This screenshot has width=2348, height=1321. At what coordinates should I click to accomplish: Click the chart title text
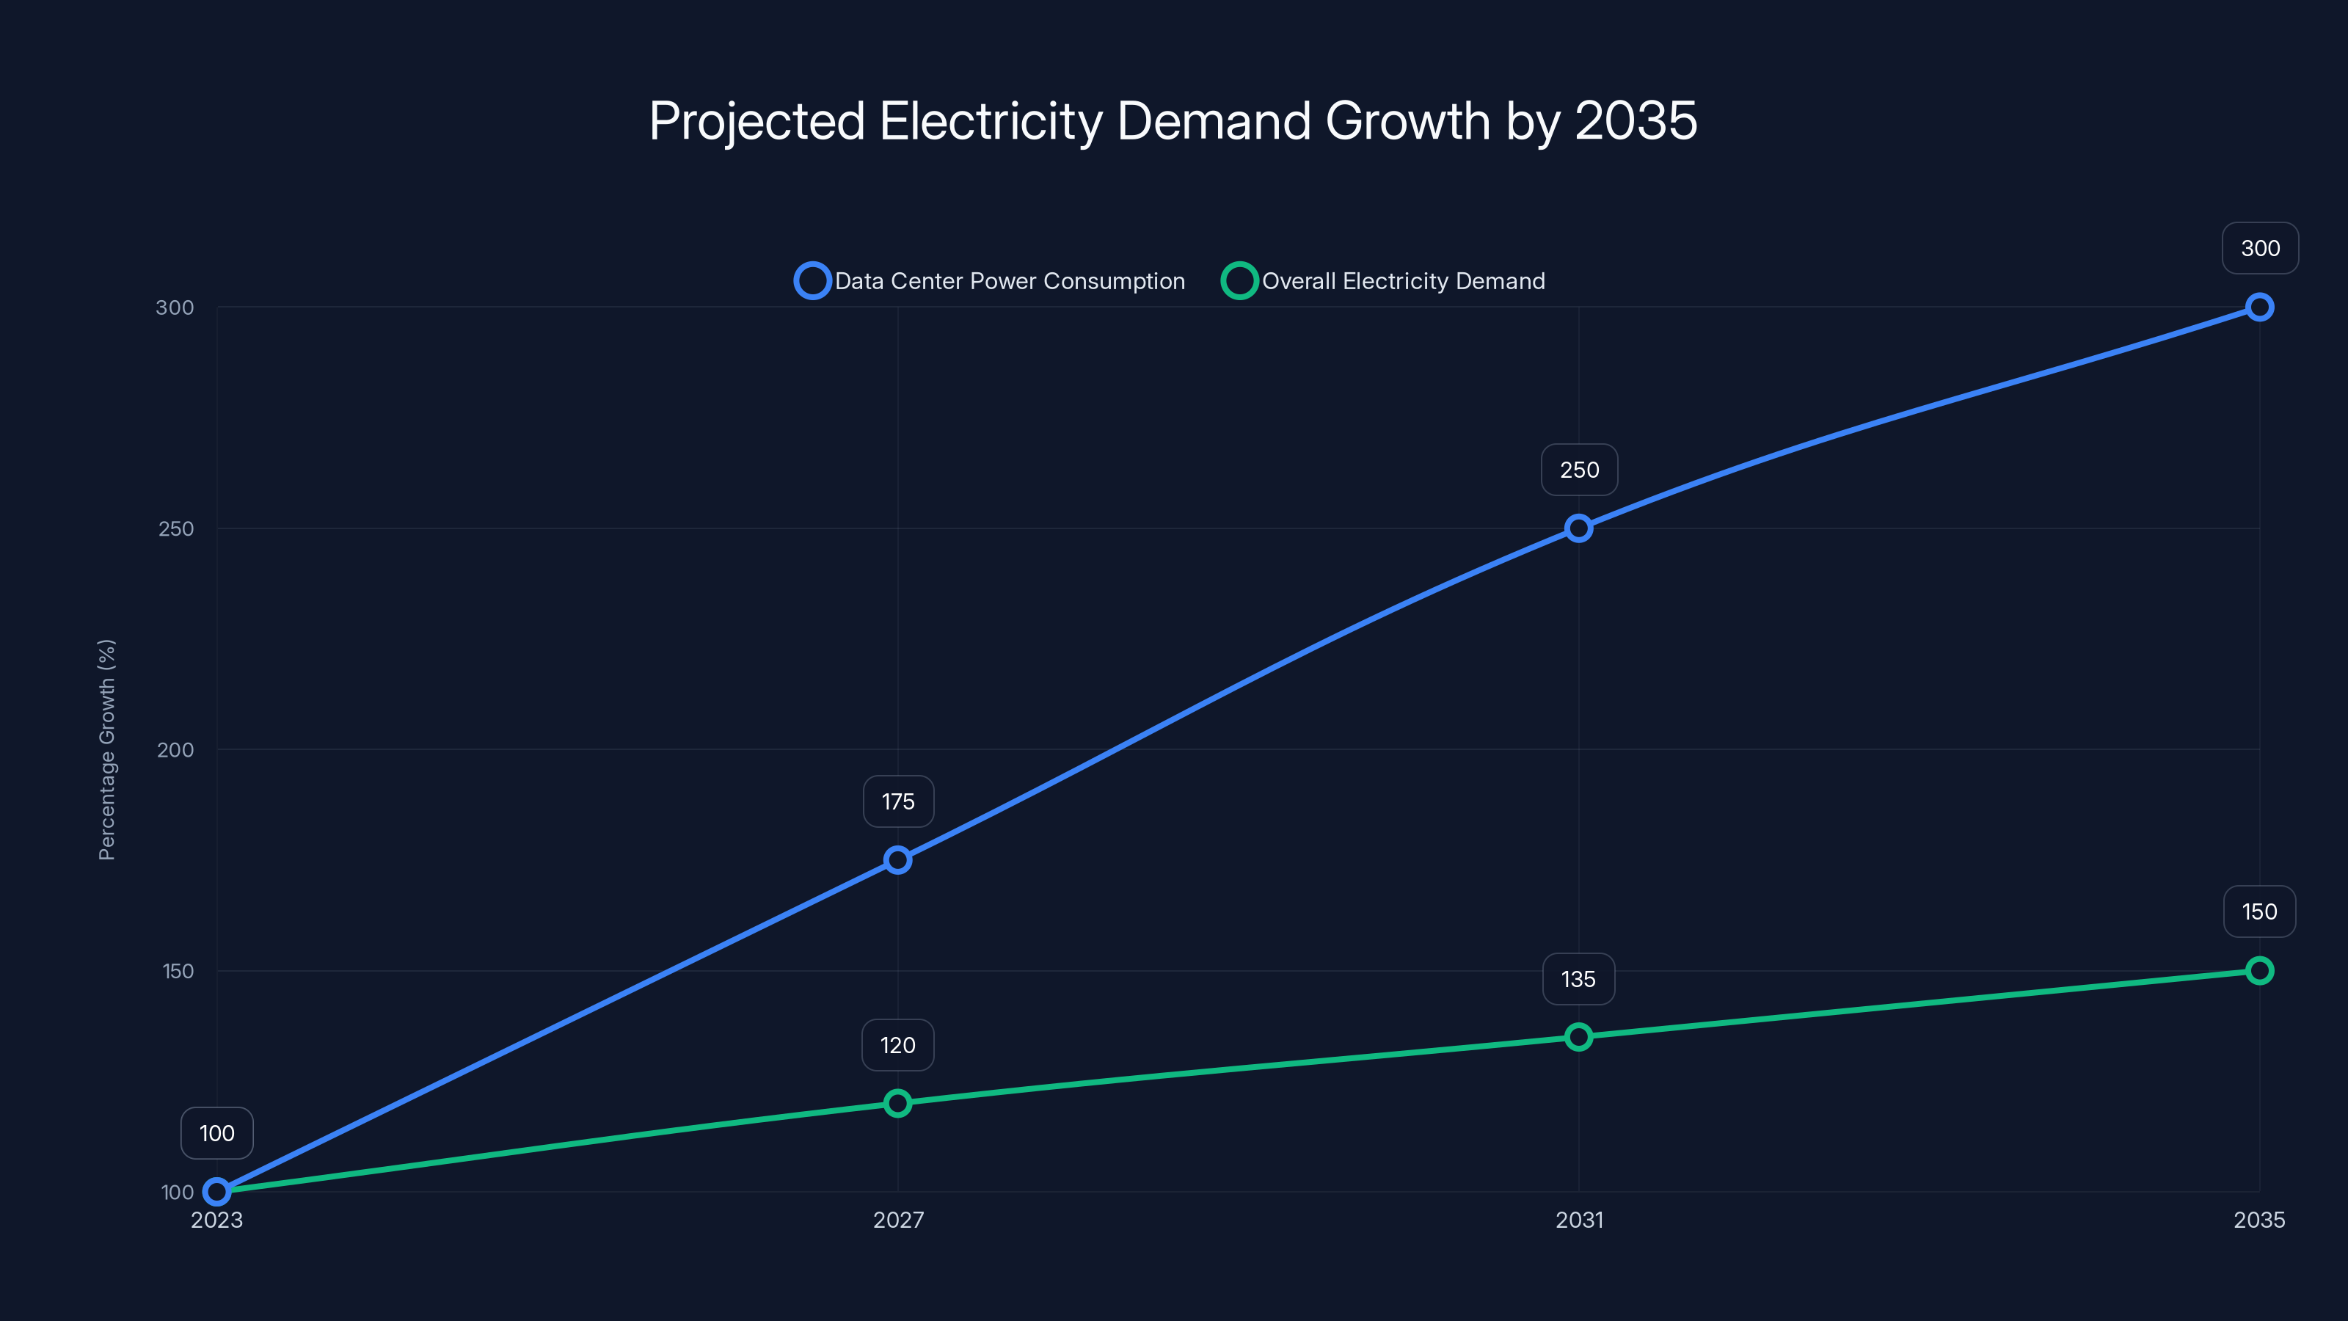(1173, 120)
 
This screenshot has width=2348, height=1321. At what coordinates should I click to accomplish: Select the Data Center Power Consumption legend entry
(990, 281)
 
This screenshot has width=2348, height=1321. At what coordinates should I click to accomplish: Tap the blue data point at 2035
(2258, 307)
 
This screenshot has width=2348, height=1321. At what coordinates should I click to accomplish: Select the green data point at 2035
(2258, 970)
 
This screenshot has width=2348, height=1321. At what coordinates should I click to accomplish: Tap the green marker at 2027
(898, 1103)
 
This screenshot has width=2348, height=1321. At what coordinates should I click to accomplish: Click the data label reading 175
(898, 801)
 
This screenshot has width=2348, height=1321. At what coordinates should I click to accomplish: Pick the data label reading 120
(898, 1045)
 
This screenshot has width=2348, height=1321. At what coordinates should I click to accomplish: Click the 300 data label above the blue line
(2260, 248)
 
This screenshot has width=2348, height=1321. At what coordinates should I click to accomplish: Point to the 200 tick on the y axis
(176, 749)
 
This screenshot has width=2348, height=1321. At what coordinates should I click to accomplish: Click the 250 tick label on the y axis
(176, 528)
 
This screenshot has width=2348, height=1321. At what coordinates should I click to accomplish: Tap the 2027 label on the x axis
(898, 1220)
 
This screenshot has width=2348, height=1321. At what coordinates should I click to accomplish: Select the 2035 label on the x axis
(2258, 1220)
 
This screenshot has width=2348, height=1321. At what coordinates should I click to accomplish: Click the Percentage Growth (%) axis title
(106, 749)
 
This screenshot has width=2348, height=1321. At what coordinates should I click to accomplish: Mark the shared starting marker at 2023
(217, 1192)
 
